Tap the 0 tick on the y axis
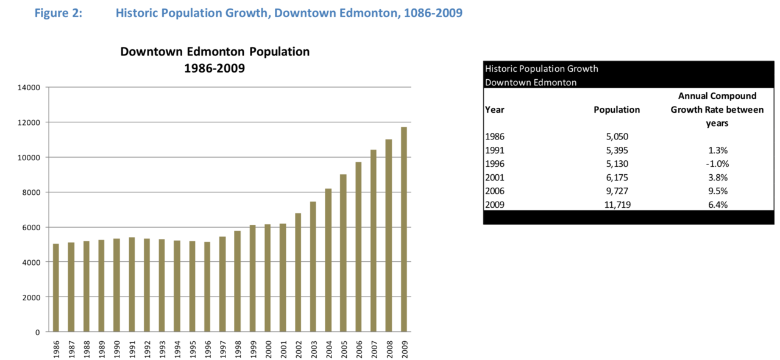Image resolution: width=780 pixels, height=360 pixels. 37,333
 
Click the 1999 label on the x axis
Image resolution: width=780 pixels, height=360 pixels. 253,349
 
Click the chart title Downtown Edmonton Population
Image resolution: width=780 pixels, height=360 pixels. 214,52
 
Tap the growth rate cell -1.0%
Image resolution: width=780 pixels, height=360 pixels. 717,164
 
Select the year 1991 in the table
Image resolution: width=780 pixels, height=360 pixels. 495,150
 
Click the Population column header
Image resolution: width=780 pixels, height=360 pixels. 617,110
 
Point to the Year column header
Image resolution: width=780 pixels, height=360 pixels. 494,110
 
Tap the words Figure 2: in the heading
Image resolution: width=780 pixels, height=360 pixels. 58,13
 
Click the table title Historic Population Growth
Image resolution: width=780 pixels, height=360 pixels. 542,68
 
